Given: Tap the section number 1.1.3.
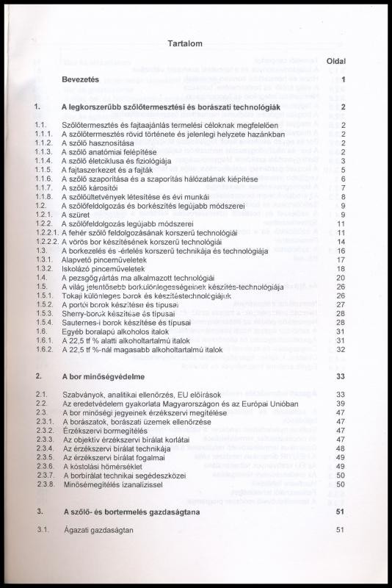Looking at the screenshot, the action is click(x=46, y=151).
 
